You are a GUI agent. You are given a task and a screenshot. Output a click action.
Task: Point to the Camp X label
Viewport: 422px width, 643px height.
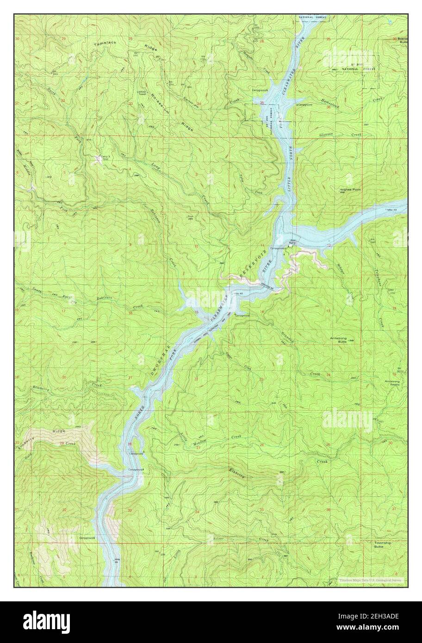[x=105, y=158]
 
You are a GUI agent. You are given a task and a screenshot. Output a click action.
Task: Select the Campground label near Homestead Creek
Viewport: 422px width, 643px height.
[x=304, y=105]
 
